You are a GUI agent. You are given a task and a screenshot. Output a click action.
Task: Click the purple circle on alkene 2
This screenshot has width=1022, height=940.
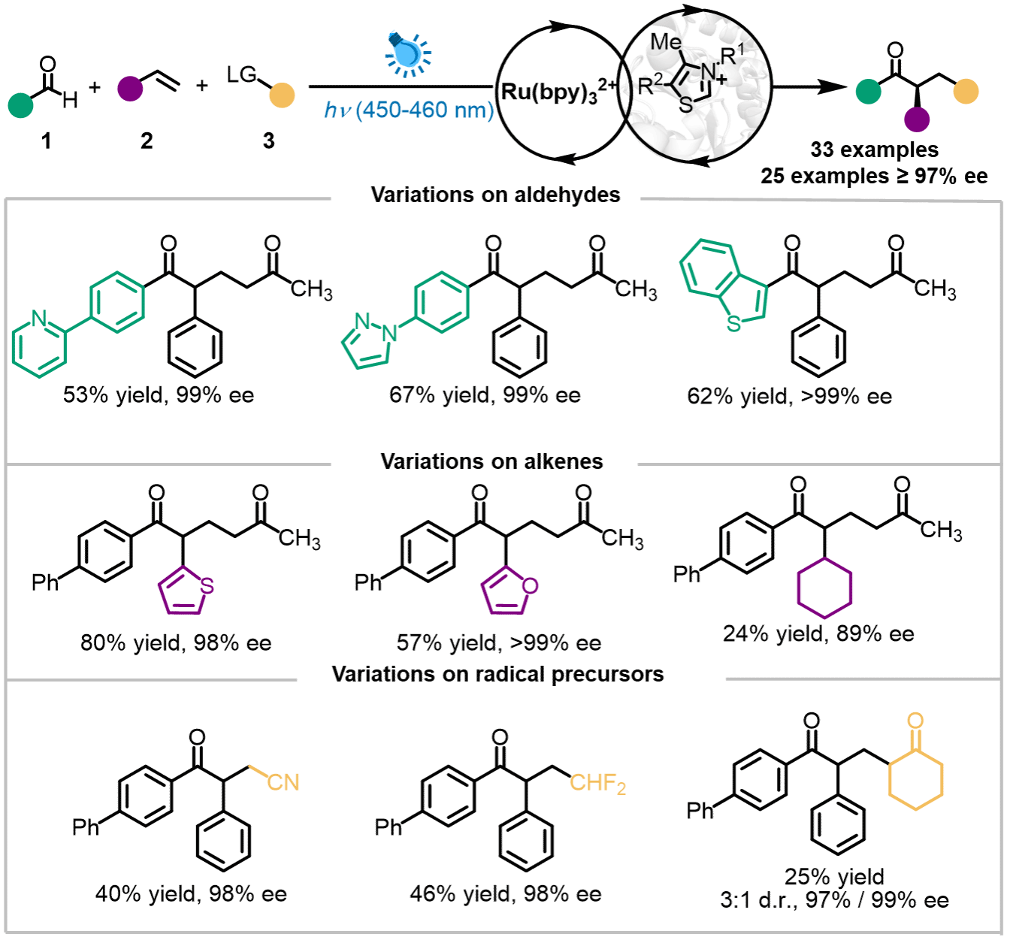130,89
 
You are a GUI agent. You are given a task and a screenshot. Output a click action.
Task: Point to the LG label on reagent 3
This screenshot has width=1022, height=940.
241,74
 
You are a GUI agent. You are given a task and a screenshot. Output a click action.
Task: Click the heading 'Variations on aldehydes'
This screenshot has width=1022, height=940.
495,195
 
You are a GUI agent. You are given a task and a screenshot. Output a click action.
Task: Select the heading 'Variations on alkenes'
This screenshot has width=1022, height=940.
491,461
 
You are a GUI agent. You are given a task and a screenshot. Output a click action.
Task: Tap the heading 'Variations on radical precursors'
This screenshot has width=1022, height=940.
497,674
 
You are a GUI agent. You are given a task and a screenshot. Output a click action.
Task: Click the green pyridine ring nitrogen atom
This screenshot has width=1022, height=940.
39,319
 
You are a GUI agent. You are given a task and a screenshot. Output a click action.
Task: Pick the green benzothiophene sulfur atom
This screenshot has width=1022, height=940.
733,324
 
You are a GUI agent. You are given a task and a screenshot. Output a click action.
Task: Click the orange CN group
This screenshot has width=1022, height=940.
283,782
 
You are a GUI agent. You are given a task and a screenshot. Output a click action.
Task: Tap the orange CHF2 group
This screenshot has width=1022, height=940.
597,784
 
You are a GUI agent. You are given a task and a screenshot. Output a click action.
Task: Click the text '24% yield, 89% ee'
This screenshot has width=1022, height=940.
818,633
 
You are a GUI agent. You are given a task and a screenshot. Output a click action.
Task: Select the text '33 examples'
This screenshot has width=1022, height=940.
874,150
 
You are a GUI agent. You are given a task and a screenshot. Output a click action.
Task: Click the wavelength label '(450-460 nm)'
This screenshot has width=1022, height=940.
425,110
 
